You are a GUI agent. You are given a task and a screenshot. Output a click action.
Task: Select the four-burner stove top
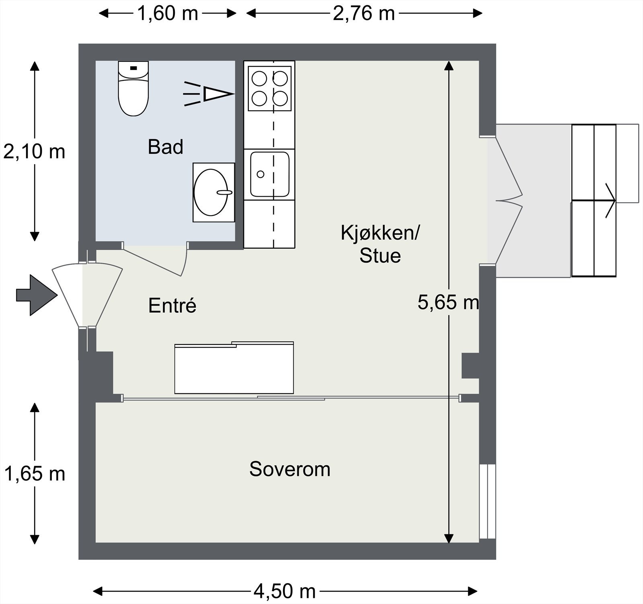point(270,88)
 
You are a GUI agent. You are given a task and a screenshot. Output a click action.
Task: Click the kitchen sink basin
point(270,174)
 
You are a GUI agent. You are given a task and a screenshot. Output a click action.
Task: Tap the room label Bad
point(166,147)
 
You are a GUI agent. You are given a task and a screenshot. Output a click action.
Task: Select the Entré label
point(172,305)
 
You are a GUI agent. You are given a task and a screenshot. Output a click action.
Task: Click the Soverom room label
point(290,469)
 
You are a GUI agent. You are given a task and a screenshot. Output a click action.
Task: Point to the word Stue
point(380,255)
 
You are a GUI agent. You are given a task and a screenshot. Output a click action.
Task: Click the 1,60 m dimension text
point(168,13)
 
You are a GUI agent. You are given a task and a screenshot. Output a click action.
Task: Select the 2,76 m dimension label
point(364,13)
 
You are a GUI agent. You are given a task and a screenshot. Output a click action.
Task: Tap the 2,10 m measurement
point(34,152)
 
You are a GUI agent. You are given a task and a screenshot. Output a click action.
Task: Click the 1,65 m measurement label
point(35,474)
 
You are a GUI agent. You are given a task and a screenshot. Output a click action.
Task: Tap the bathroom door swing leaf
point(153,262)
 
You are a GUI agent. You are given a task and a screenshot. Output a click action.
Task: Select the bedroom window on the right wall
point(487,501)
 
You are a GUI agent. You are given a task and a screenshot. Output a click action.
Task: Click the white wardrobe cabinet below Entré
point(234,368)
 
